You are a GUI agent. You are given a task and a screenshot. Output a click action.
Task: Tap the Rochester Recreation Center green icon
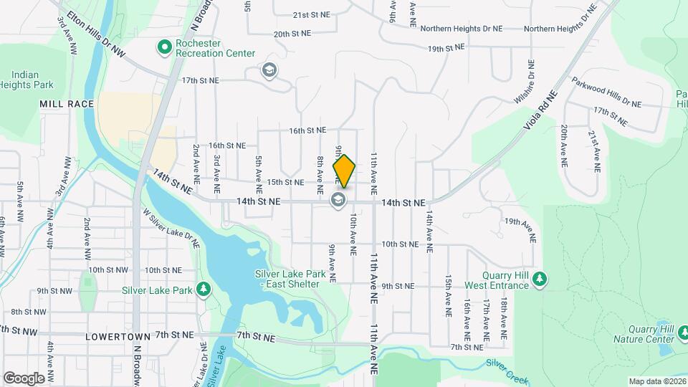pyautogui.click(x=164, y=48)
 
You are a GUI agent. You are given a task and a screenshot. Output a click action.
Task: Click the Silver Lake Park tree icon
pyautogui.click(x=204, y=290)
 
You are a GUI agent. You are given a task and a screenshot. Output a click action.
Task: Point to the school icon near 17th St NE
pyautogui.click(x=269, y=70)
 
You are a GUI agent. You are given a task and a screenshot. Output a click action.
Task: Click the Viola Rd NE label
pyautogui.click(x=540, y=109)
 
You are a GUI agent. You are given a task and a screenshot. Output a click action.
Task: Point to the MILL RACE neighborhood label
pyautogui.click(x=67, y=104)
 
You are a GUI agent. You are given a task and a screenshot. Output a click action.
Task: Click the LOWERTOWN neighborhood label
pyautogui.click(x=118, y=335)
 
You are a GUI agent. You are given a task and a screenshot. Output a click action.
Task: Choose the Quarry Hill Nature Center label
pyautogui.click(x=643, y=334)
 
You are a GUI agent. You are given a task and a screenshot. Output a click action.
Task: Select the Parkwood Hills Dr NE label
pyautogui.click(x=606, y=92)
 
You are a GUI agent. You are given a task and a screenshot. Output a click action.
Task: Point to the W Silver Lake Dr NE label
pyautogui.click(x=172, y=227)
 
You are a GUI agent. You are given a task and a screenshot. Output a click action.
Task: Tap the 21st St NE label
pyautogui.click(x=310, y=14)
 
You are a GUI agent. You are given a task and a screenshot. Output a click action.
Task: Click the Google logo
pyautogui.click(x=23, y=378)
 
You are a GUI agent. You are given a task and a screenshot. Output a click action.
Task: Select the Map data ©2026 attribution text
pyautogui.click(x=656, y=381)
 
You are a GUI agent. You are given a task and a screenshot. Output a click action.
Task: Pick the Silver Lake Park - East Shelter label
pyautogui.click(x=290, y=279)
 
